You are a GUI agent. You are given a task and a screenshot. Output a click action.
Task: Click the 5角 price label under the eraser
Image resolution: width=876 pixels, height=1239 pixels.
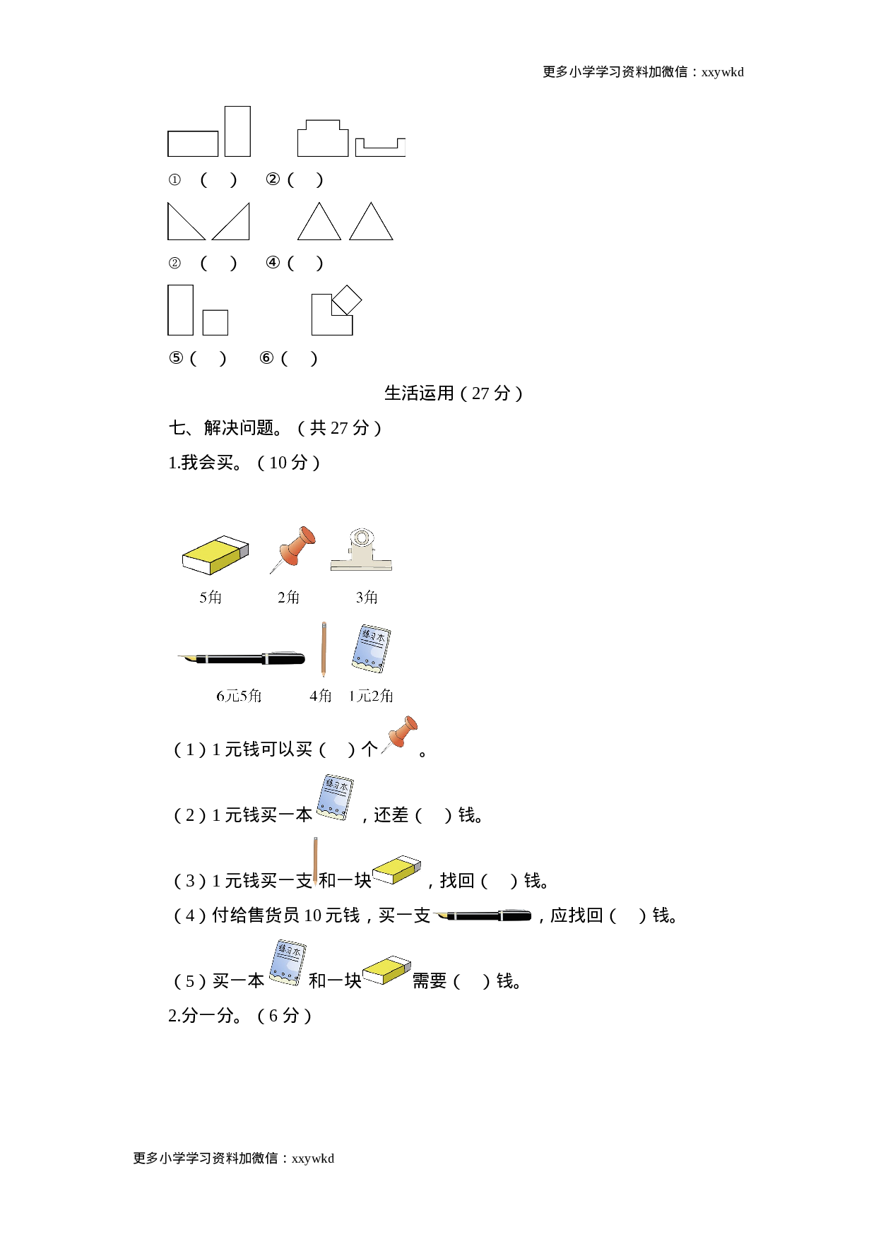pyautogui.click(x=211, y=598)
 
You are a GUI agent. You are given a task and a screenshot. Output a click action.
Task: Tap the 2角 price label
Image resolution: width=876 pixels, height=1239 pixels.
pyautogui.click(x=288, y=598)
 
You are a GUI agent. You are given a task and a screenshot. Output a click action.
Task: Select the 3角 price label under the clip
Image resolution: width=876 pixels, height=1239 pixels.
pyautogui.click(x=367, y=598)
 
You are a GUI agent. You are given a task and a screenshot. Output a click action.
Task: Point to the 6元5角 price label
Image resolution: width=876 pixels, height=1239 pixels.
pyautogui.click(x=239, y=696)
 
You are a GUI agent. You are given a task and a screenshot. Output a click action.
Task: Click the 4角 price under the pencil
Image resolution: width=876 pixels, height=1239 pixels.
pyautogui.click(x=321, y=696)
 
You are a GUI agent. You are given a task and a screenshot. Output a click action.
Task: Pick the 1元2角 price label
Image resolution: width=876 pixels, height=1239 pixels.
pyautogui.click(x=371, y=696)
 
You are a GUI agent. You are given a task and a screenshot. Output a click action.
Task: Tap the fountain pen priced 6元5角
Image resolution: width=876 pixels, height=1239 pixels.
pyautogui.click(x=241, y=658)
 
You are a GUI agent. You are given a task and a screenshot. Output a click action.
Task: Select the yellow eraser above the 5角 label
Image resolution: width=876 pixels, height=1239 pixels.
pyautogui.click(x=215, y=555)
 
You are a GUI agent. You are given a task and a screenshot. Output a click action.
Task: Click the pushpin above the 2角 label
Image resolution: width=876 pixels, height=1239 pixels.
pyautogui.click(x=292, y=548)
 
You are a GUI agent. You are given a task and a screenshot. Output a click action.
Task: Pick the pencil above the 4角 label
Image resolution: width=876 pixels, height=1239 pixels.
pyautogui.click(x=324, y=648)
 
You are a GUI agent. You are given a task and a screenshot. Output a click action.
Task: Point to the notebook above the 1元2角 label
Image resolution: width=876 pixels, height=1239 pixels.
pyautogui.click(x=371, y=648)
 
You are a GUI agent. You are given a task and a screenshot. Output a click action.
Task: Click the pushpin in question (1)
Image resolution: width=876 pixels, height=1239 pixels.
pyautogui.click(x=401, y=735)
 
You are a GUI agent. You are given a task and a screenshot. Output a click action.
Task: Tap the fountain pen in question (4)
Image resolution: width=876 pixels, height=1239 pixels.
pyautogui.click(x=484, y=916)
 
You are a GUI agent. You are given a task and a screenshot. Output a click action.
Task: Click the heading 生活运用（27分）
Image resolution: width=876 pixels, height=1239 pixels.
pyautogui.click(x=454, y=393)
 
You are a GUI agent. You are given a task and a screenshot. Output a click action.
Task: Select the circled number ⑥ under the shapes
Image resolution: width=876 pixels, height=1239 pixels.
pyautogui.click(x=266, y=358)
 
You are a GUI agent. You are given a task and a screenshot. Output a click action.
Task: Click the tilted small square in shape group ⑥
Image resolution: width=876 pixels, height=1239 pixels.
pyautogui.click(x=347, y=300)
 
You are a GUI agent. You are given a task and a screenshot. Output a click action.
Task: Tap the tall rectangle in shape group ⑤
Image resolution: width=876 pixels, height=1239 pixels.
pyautogui.click(x=180, y=310)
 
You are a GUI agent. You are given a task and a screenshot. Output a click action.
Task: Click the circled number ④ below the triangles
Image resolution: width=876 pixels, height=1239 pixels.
pyautogui.click(x=273, y=263)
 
